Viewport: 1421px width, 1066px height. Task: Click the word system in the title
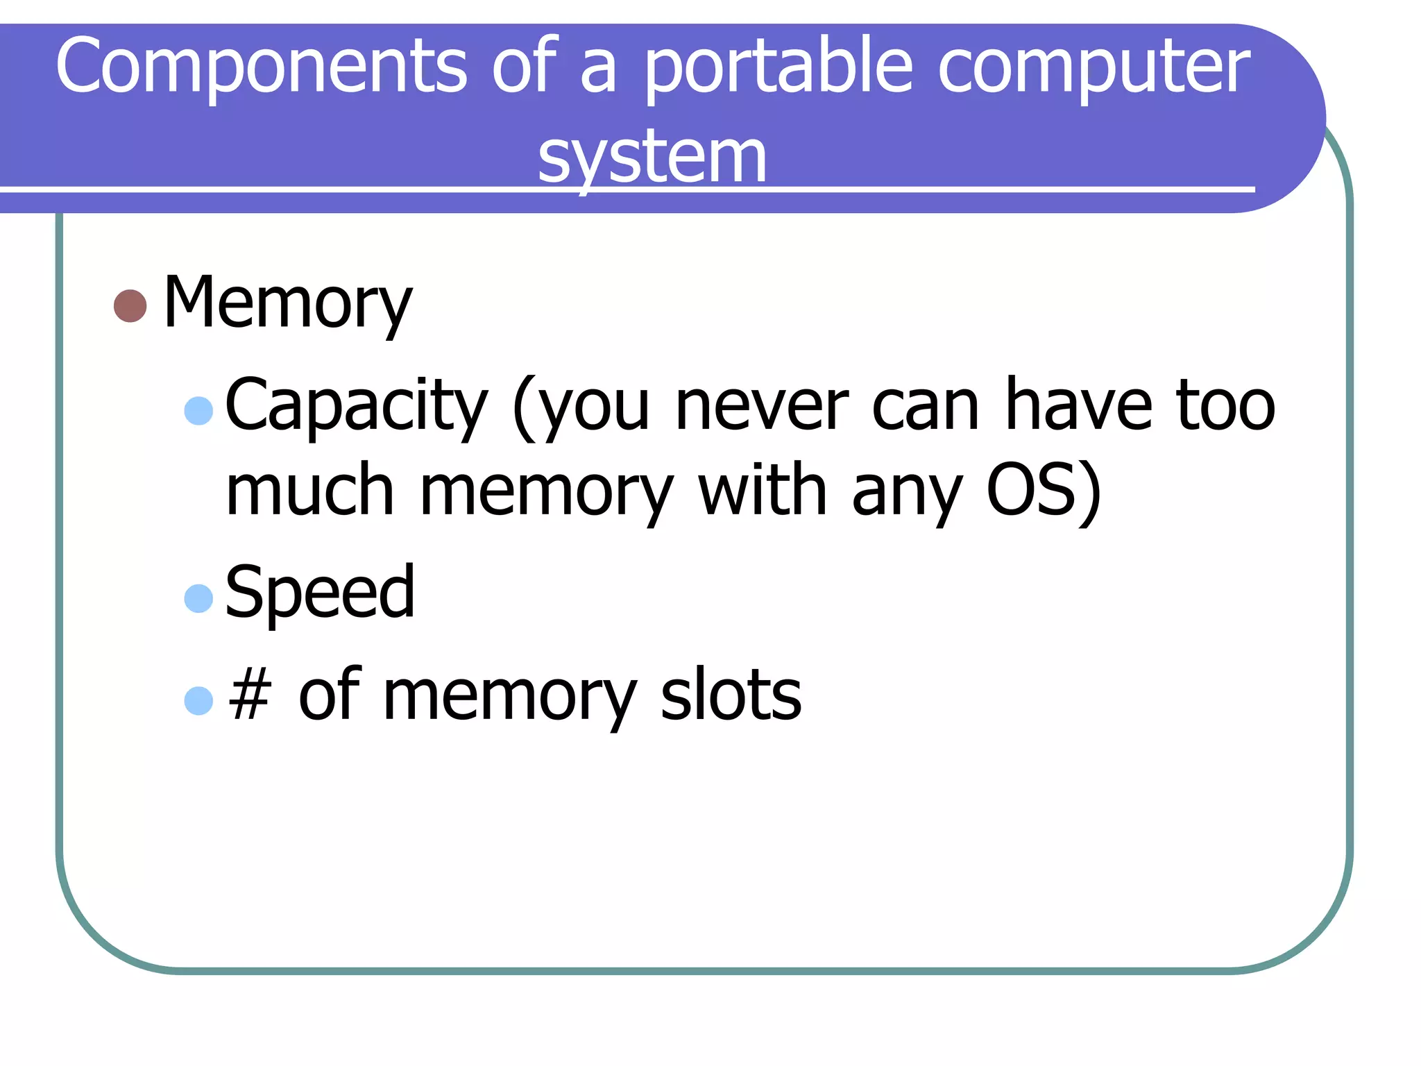tap(652, 158)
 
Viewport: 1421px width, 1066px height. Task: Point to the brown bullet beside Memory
tap(130, 306)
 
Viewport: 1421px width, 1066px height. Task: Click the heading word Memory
tap(287, 304)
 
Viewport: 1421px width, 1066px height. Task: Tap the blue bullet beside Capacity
tap(198, 411)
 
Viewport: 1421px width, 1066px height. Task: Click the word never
tap(761, 407)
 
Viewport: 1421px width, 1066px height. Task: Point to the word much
tap(310, 491)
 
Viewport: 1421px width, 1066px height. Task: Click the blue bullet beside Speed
tap(198, 598)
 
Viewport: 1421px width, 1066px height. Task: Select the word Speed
tap(320, 593)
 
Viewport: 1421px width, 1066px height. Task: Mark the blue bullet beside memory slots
tap(198, 701)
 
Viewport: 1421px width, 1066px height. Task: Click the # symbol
tap(249, 696)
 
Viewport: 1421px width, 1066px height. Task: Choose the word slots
tap(731, 695)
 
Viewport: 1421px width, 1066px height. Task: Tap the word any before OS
tap(907, 494)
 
